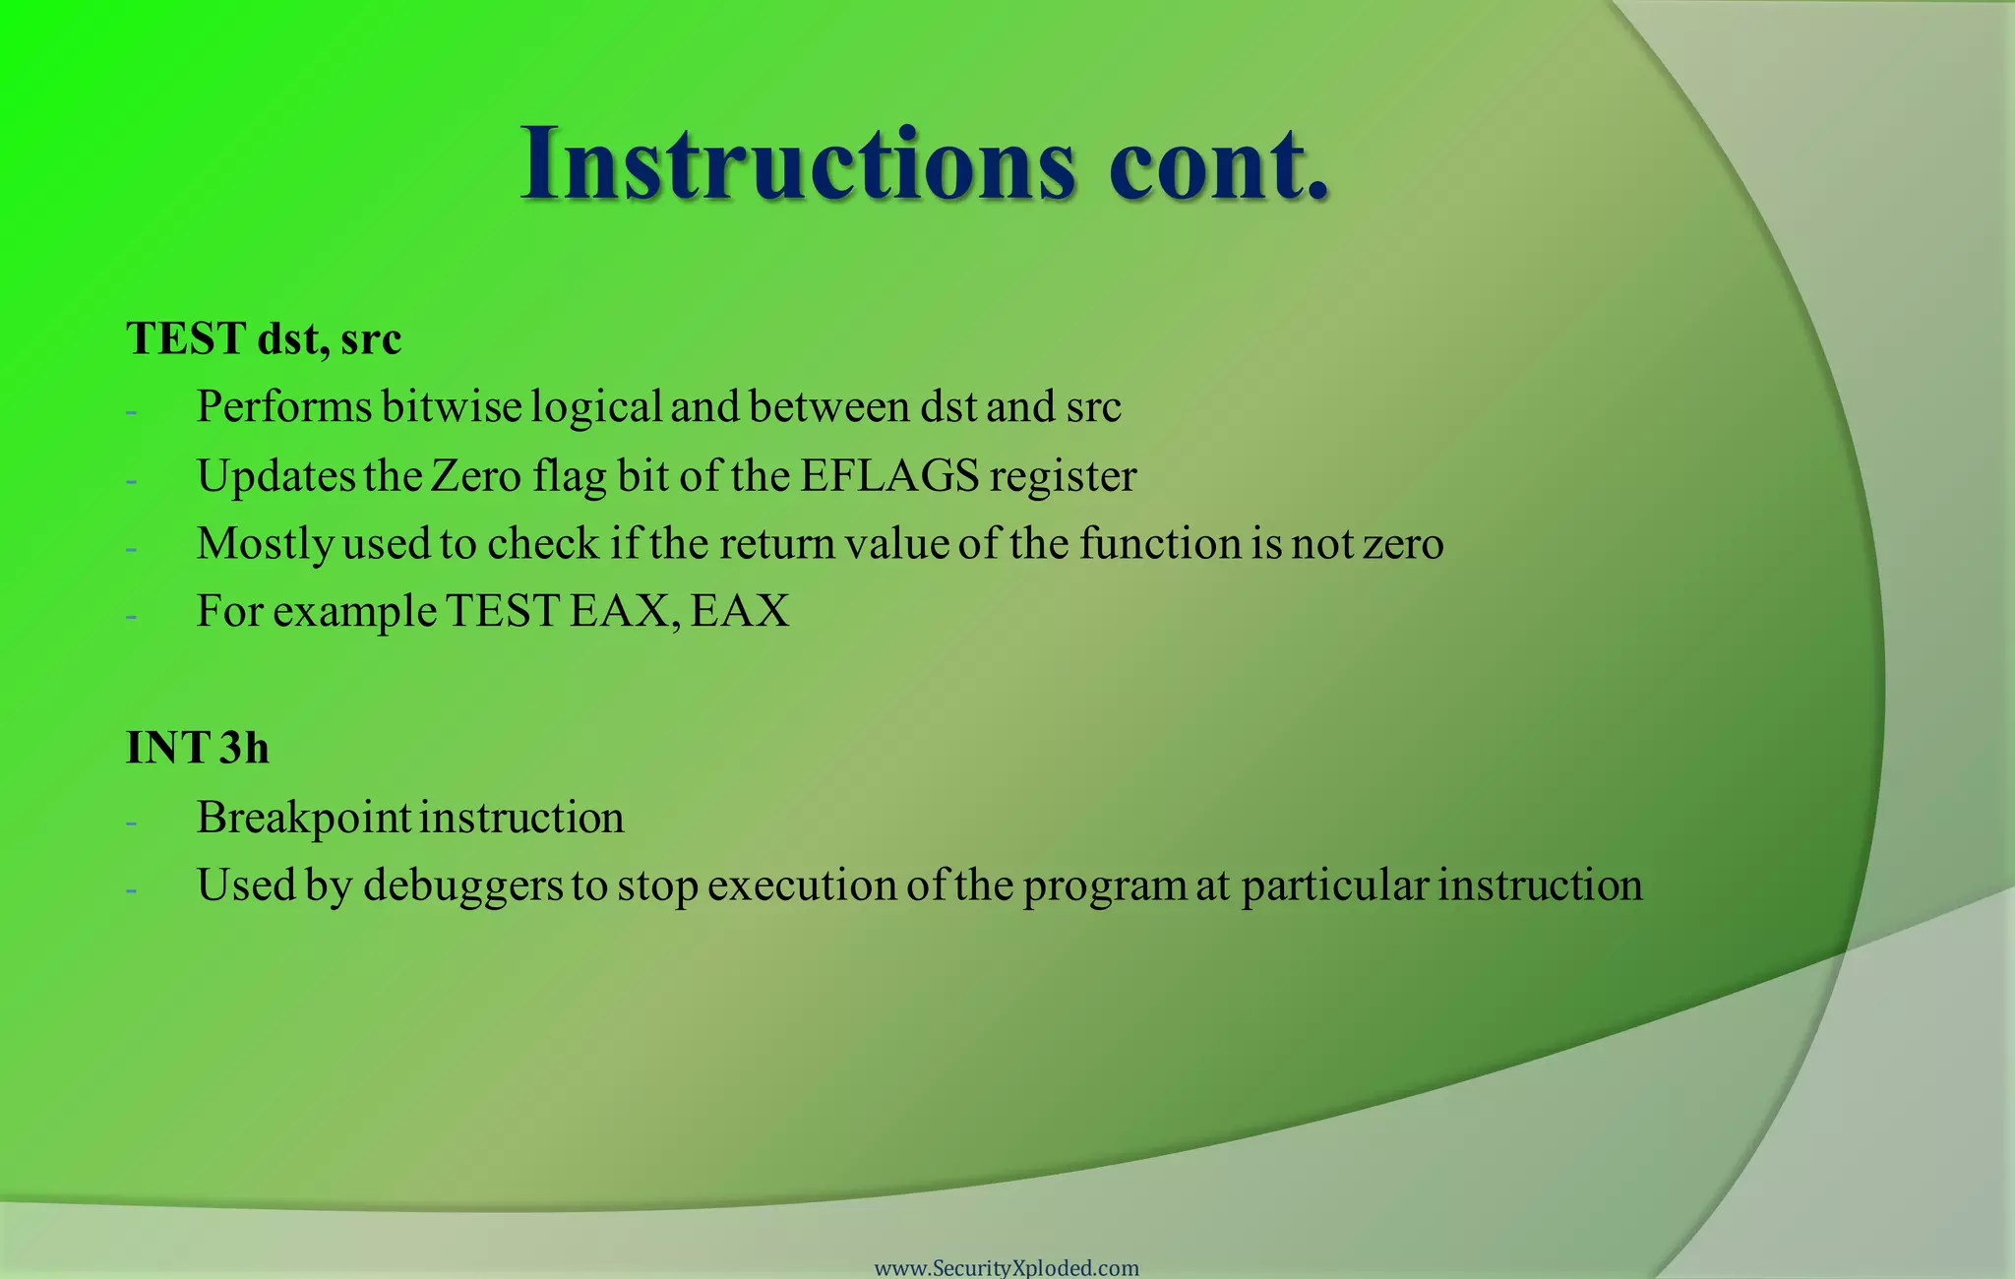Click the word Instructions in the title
point(798,164)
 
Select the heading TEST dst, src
point(264,339)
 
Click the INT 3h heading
point(198,748)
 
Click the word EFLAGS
point(889,476)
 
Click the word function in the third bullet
point(1160,544)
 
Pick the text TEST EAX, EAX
point(618,611)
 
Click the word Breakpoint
point(303,818)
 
